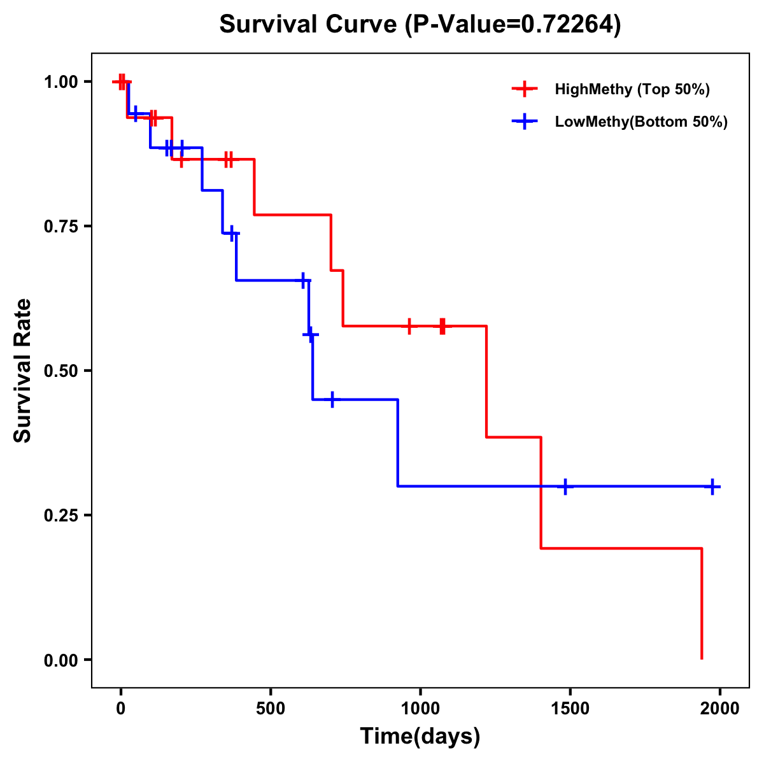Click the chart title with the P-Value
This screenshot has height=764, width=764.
(x=420, y=25)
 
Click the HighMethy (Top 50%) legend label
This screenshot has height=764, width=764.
(x=632, y=89)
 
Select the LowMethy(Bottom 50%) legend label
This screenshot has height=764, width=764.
(x=641, y=122)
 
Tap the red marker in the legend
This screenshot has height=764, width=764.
(x=525, y=89)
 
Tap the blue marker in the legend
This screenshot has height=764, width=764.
(x=525, y=122)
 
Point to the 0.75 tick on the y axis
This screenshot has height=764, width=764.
(x=60, y=227)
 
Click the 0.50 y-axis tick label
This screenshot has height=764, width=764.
(x=60, y=371)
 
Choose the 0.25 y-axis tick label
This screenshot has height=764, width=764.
(x=60, y=516)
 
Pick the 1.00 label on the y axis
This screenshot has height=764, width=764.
(x=60, y=82)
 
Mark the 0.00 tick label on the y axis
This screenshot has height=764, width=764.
(x=60, y=660)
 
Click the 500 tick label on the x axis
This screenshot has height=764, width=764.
(x=271, y=709)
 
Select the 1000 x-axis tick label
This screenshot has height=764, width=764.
(x=420, y=709)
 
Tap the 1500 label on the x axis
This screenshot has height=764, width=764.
(x=570, y=709)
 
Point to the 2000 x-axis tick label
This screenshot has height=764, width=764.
(x=719, y=709)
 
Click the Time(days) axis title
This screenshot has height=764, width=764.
(x=420, y=737)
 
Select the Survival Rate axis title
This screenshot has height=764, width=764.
(x=23, y=371)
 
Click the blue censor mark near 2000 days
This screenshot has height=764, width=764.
(x=712, y=486)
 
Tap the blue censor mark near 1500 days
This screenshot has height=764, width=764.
(x=565, y=486)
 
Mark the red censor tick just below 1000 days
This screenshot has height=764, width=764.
(x=409, y=326)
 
